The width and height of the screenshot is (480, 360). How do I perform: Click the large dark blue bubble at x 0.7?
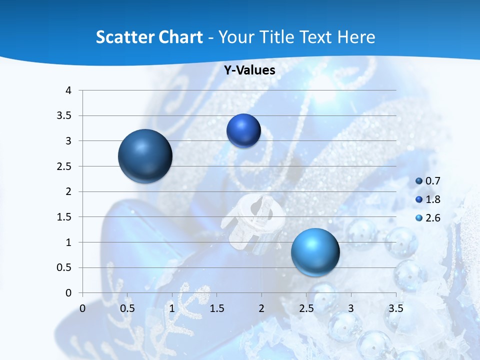[x=145, y=156]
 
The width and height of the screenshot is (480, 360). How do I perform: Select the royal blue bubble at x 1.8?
[x=243, y=130]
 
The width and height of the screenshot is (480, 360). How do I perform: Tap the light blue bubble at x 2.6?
[x=315, y=252]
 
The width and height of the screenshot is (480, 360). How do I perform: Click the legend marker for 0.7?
[x=419, y=181]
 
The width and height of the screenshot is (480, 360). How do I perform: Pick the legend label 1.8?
[x=433, y=199]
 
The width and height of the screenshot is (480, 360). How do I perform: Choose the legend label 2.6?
[x=433, y=218]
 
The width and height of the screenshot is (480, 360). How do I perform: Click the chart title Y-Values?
[x=249, y=70]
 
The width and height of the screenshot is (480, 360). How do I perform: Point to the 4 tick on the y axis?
[x=68, y=90]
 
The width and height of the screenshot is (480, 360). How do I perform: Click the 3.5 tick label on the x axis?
[x=395, y=308]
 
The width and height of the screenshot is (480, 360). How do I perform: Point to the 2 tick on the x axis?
[x=261, y=308]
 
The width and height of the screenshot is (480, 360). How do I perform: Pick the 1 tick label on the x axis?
[x=172, y=308]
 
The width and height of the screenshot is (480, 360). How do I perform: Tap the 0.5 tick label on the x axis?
[x=127, y=308]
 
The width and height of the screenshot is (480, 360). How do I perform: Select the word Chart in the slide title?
[x=181, y=37]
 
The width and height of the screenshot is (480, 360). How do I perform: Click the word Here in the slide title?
[x=356, y=37]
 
